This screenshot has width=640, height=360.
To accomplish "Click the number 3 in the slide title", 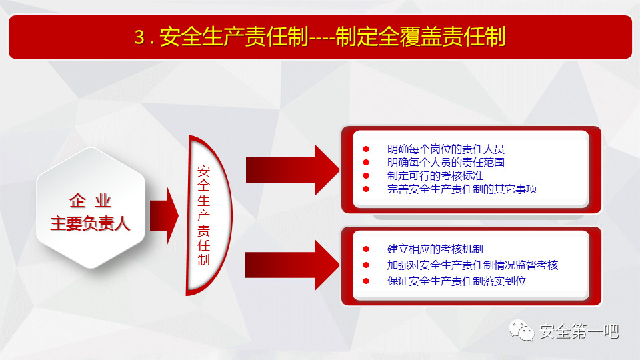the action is [x=140, y=37].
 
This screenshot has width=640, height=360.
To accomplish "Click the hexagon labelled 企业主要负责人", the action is [x=91, y=208].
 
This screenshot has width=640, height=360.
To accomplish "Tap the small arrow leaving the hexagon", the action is [x=164, y=215].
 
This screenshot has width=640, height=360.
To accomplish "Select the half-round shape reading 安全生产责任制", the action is [x=209, y=215].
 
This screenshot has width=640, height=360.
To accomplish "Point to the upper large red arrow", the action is [x=292, y=170].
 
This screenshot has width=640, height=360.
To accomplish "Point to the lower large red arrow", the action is [x=292, y=265].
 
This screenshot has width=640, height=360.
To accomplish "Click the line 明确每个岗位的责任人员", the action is [x=446, y=149].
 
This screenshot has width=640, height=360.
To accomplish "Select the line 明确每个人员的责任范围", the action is [x=446, y=163].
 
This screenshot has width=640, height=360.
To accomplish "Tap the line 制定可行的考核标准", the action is [x=435, y=176].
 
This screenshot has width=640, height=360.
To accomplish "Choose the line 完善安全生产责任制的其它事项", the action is [x=461, y=189].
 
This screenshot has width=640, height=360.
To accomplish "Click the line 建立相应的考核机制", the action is [x=435, y=249].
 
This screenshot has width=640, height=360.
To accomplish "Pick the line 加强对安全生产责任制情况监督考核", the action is [x=472, y=265].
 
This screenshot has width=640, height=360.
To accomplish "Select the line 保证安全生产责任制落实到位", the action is [x=456, y=281].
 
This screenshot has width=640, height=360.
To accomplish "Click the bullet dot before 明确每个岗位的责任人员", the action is [x=366, y=149].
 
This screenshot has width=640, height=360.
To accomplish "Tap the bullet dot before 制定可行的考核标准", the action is [x=366, y=176].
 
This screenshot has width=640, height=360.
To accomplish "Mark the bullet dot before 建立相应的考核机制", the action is [x=366, y=249].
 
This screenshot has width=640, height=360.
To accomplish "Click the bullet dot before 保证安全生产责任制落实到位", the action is [x=366, y=281].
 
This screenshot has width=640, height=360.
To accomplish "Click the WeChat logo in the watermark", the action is [x=521, y=330].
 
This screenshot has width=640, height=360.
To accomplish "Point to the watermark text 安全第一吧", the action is [x=579, y=331].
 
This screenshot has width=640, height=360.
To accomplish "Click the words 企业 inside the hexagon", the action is [x=90, y=201].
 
